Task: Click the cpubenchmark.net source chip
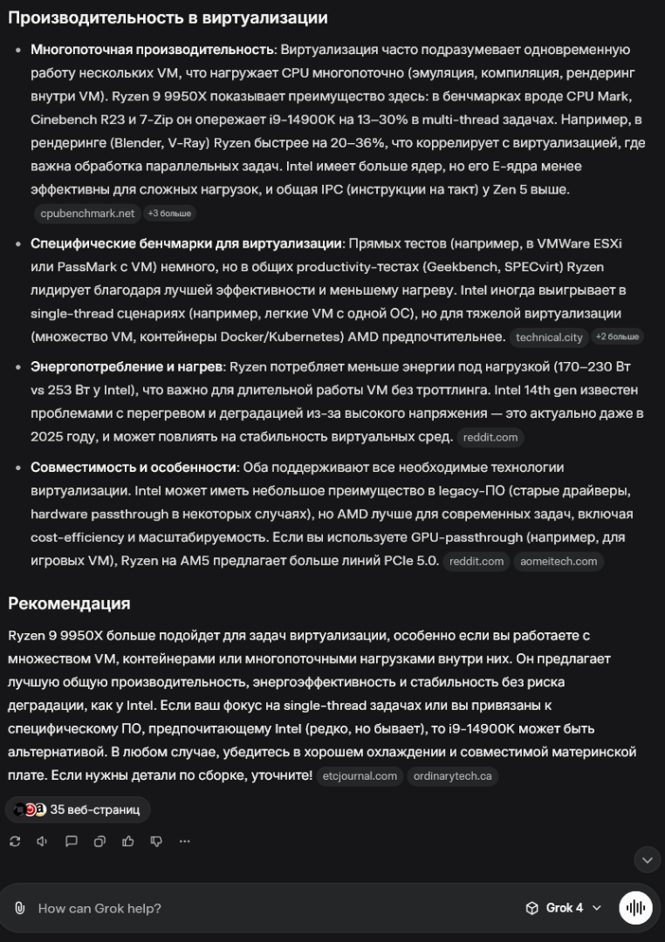[87, 213]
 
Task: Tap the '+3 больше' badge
[169, 213]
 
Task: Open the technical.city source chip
[549, 337]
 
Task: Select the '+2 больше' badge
[617, 337]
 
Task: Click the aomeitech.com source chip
[559, 562]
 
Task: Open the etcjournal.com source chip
[360, 775]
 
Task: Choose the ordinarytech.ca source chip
[452, 775]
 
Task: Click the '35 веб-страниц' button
[78, 809]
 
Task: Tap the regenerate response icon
[15, 842]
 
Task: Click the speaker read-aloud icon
[42, 842]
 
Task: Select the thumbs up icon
[128, 842]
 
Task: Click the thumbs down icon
[156, 842]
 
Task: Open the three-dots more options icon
[184, 842]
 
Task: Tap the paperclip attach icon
[20, 908]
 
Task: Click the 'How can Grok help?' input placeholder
[99, 908]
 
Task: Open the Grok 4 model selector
[564, 908]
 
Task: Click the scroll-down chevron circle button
[647, 859]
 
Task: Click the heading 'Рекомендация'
[69, 604]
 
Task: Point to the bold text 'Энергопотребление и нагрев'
[126, 367]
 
